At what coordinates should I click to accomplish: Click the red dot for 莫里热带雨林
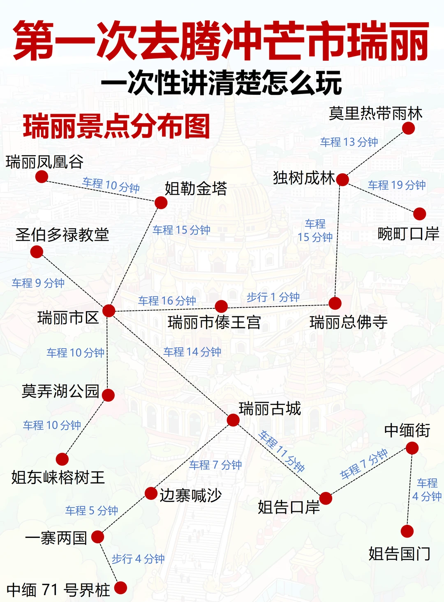pos(408,129)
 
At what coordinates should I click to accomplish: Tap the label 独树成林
pos(304,178)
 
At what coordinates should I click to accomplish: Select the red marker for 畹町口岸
pos(419,214)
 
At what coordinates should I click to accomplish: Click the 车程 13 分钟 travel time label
pos(349,142)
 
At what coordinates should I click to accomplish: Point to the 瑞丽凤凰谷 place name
pos(45,162)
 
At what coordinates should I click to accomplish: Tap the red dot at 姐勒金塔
pos(161,202)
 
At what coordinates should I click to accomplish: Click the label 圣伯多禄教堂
pos(62,234)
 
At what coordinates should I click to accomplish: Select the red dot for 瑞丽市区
pos(109,310)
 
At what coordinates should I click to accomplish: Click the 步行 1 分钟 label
pos(273,297)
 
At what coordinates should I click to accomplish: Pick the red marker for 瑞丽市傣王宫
pos(221,306)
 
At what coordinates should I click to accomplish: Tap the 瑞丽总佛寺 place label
pos(348,322)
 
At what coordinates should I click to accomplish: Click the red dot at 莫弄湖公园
pos(108,395)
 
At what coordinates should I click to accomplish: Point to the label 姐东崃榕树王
pos(58,478)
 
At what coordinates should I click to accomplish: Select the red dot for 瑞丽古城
pos(233,420)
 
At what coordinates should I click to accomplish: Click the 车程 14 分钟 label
pos(192,352)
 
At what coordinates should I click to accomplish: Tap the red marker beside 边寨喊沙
pos(151,493)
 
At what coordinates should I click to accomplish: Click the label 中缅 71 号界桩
pos(58,590)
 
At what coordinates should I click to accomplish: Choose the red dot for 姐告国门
pos(407,531)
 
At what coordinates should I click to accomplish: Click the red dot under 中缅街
pos(412,448)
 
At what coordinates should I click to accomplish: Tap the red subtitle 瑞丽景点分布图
pos(117,126)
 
